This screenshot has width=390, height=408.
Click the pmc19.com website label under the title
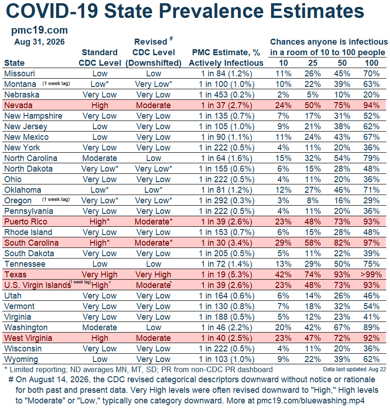click(x=40, y=30)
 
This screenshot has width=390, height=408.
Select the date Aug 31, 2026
click(x=40, y=42)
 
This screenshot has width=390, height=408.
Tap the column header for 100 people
click(x=371, y=63)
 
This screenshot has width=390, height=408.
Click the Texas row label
click(x=15, y=275)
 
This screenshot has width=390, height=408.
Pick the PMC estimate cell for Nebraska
click(x=226, y=95)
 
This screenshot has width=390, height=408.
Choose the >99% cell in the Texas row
click(x=371, y=275)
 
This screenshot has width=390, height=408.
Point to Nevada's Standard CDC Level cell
click(x=100, y=105)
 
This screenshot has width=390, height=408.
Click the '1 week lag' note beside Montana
click(x=56, y=84)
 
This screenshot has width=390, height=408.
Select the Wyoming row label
click(x=21, y=359)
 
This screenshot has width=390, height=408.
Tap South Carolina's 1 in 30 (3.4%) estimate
click(x=226, y=243)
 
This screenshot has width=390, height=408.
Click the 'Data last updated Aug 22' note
click(x=355, y=369)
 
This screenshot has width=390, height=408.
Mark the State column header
click(x=14, y=63)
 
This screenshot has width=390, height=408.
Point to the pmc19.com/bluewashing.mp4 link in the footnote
click(x=311, y=401)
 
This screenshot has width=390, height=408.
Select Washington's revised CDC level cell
click(x=153, y=328)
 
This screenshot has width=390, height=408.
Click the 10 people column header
click(x=283, y=63)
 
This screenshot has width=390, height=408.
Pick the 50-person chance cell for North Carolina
click(x=342, y=158)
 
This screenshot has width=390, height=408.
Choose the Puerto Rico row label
click(x=26, y=222)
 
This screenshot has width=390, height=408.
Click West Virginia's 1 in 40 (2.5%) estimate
click(x=226, y=338)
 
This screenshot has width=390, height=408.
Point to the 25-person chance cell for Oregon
click(x=312, y=201)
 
